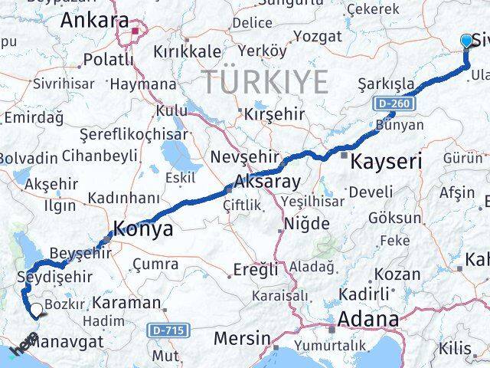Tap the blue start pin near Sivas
[468, 42]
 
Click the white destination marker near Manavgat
[36, 309]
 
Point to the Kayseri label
[387, 162]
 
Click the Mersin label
[243, 337]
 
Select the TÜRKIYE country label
[266, 81]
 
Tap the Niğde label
[305, 224]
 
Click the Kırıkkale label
[188, 49]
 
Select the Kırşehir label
[273, 114]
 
